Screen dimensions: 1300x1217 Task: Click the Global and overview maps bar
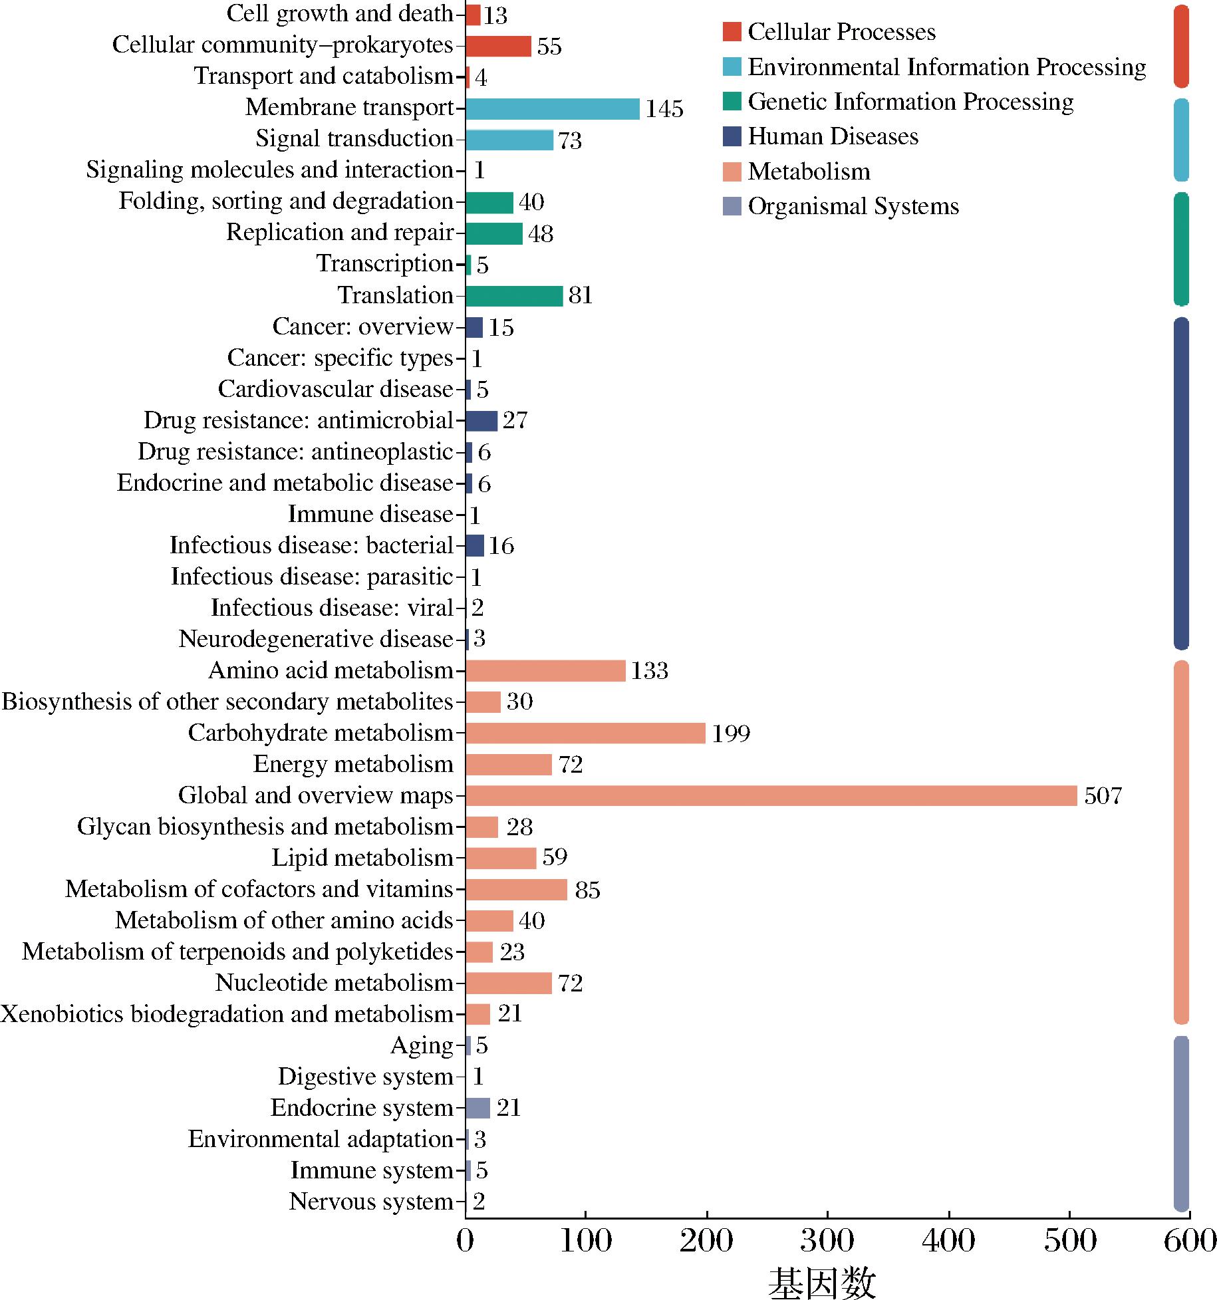pos(771,795)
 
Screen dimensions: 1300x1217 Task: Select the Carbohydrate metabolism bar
pos(585,733)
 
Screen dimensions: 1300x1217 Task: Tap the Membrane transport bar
pos(552,108)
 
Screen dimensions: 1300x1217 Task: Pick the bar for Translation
pos(514,295)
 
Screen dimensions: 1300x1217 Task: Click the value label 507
pos(1103,796)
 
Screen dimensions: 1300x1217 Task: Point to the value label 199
pos(731,733)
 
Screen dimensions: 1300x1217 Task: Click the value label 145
pos(664,109)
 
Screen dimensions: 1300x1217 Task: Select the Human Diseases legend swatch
pos(732,136)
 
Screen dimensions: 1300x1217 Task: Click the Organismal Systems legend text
pos(853,206)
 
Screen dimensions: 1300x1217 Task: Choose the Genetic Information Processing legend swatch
pos(732,102)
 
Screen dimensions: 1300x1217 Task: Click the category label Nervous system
pos(371,1202)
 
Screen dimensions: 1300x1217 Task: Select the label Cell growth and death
pos(340,13)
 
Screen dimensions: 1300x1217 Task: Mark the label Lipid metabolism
pos(362,858)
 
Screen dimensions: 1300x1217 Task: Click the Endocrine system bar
pos(477,1108)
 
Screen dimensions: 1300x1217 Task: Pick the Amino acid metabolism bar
pos(545,671)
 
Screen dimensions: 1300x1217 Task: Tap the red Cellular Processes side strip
pos(1181,46)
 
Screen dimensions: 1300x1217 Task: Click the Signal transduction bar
pos(509,140)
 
